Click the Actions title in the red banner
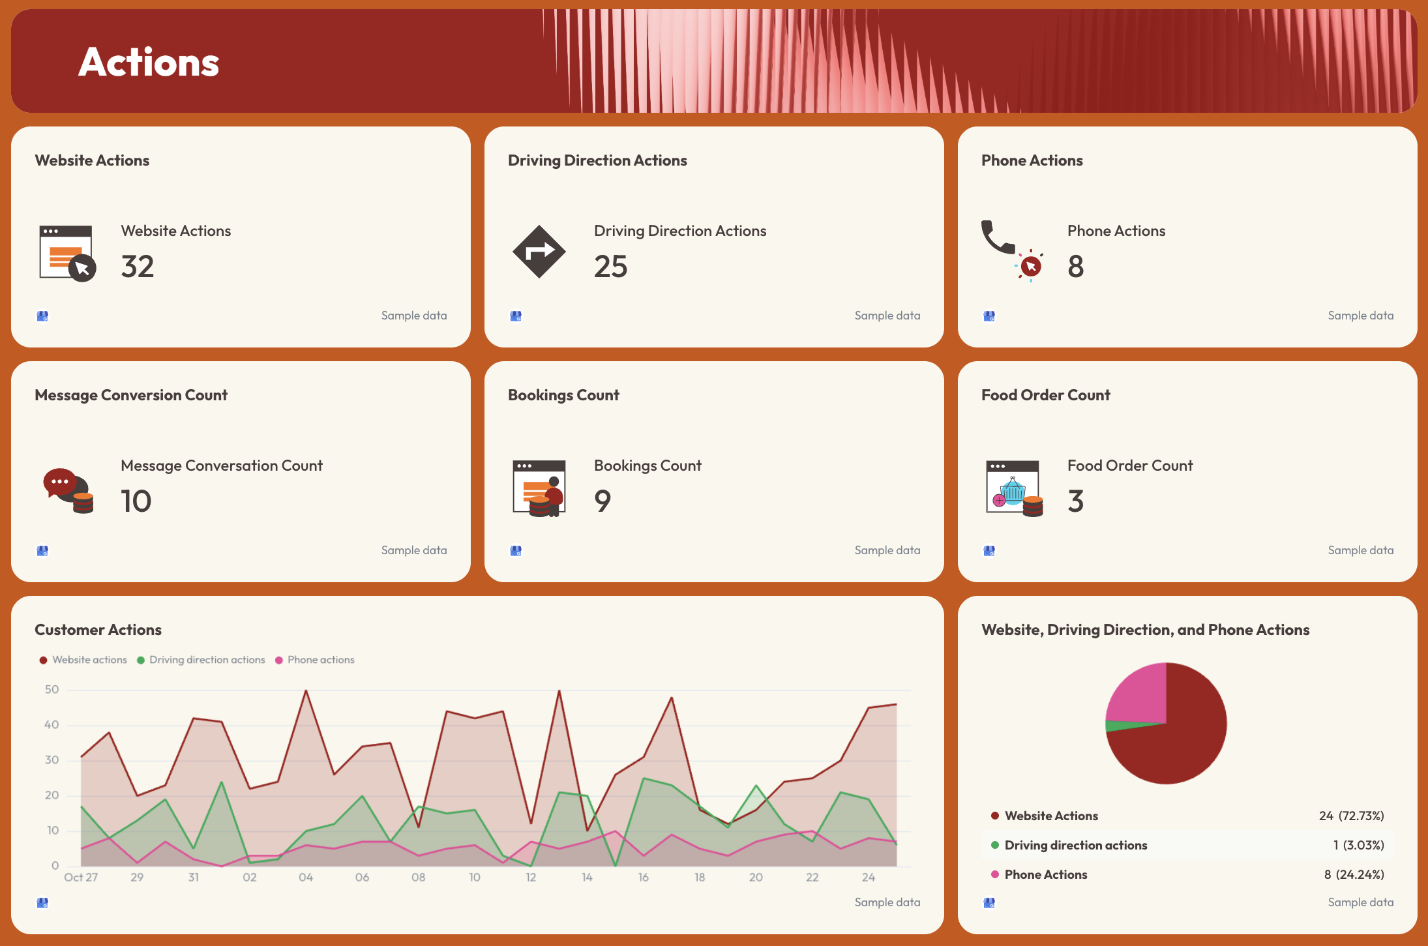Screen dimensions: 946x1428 [x=149, y=63]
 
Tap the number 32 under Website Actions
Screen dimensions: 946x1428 [x=138, y=267]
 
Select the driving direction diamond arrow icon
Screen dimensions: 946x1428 [x=539, y=252]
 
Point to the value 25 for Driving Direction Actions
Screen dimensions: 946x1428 [x=610, y=267]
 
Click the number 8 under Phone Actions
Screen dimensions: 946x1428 [x=1076, y=267]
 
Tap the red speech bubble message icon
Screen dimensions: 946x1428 [x=61, y=483]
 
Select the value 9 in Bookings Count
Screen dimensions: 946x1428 [x=602, y=501]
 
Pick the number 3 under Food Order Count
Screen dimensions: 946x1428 [x=1076, y=501]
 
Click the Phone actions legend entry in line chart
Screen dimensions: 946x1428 [x=315, y=660]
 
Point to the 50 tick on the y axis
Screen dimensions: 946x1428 [x=52, y=690]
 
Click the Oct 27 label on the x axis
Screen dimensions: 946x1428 [x=81, y=878]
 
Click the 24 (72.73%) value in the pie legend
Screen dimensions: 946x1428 [x=1351, y=816]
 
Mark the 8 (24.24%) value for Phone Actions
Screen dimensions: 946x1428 [x=1354, y=874]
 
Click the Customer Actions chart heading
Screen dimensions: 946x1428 [x=98, y=630]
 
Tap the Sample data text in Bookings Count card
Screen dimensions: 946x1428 [x=887, y=550]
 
